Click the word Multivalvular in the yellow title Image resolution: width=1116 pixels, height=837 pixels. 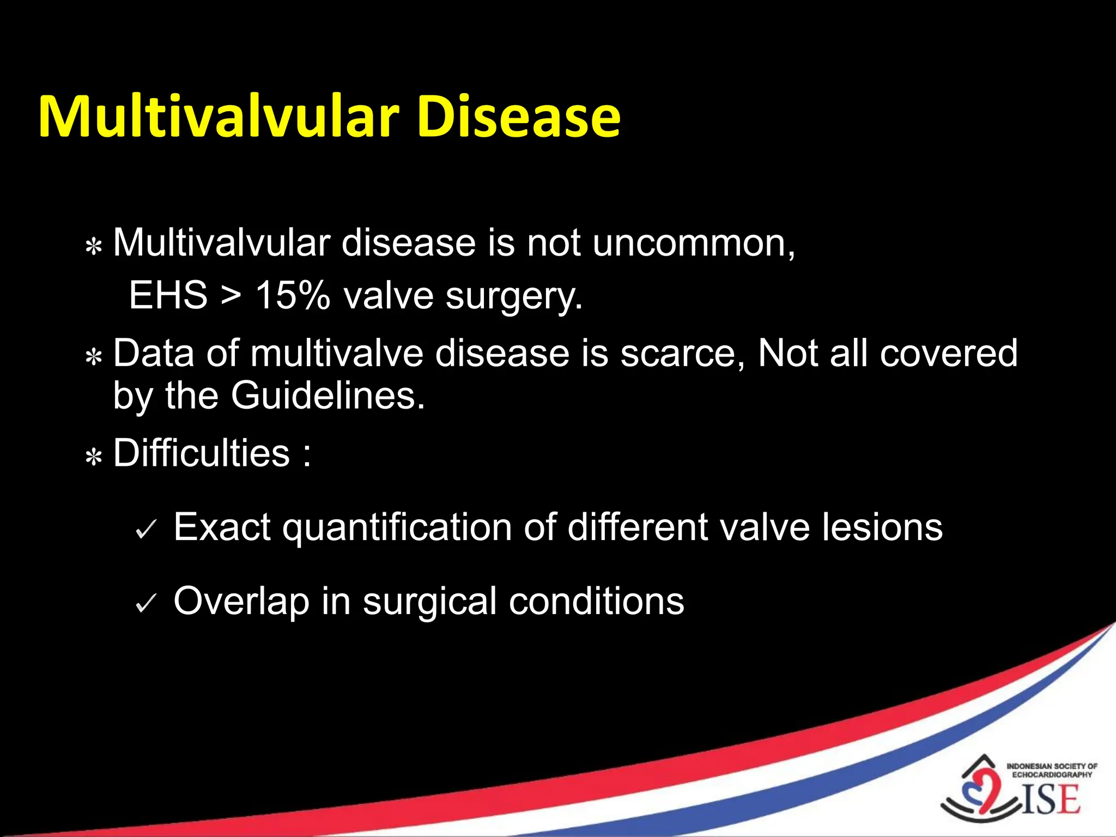pyautogui.click(x=218, y=117)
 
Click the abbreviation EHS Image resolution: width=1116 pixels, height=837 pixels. pyautogui.click(x=168, y=296)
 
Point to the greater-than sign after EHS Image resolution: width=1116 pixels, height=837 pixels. pyautogui.click(x=231, y=296)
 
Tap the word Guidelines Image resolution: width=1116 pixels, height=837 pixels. pyautogui.click(x=327, y=396)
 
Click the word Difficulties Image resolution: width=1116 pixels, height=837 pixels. pyautogui.click(x=201, y=453)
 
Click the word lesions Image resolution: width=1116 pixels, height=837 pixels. pyautogui.click(x=882, y=527)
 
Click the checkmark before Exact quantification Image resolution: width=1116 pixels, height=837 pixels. pyautogui.click(x=146, y=529)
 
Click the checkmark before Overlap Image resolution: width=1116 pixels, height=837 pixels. pyautogui.click(x=146, y=603)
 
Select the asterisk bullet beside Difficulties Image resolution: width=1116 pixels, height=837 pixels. pyautogui.click(x=94, y=457)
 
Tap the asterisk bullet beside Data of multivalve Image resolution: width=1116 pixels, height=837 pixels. pyautogui.click(x=94, y=357)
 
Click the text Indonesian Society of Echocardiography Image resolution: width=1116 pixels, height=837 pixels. pyautogui.click(x=1052, y=770)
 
